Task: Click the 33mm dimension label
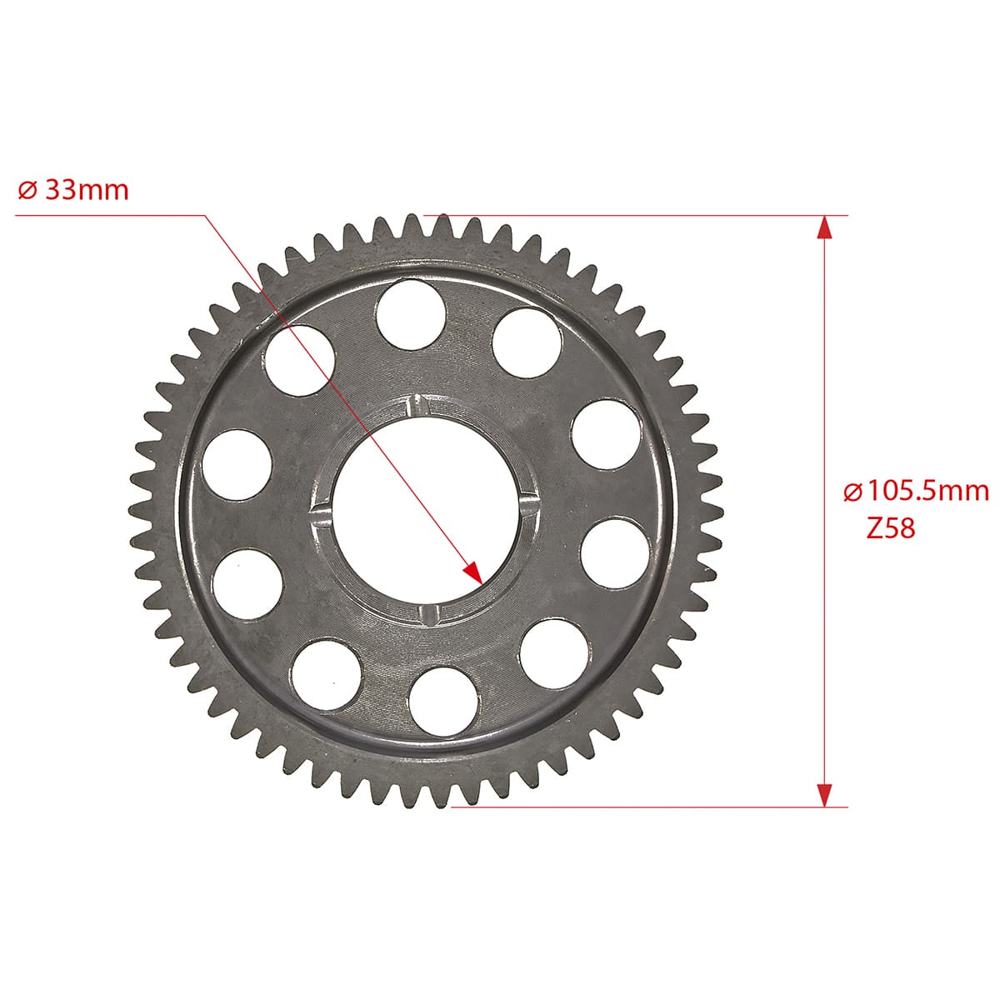[87, 190]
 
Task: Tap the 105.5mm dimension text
[928, 491]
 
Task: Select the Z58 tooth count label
[890, 528]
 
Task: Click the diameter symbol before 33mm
[27, 191]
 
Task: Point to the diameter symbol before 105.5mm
[853, 492]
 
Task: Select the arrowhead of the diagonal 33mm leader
[474, 572]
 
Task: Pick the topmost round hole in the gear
[411, 314]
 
